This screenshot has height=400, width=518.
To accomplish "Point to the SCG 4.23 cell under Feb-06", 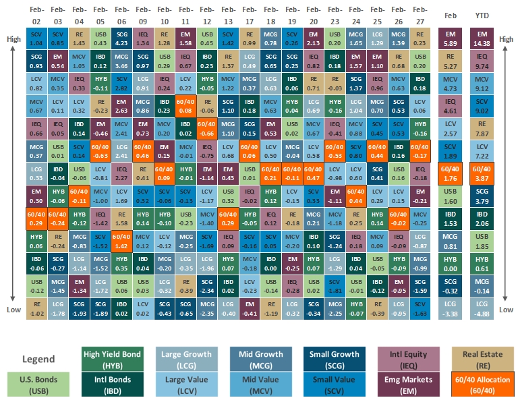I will pyautogui.click(x=121, y=39).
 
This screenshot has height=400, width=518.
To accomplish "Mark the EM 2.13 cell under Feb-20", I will pyautogui.click(x=312, y=39).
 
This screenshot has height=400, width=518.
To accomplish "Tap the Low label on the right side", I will pyautogui.click(x=506, y=310).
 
